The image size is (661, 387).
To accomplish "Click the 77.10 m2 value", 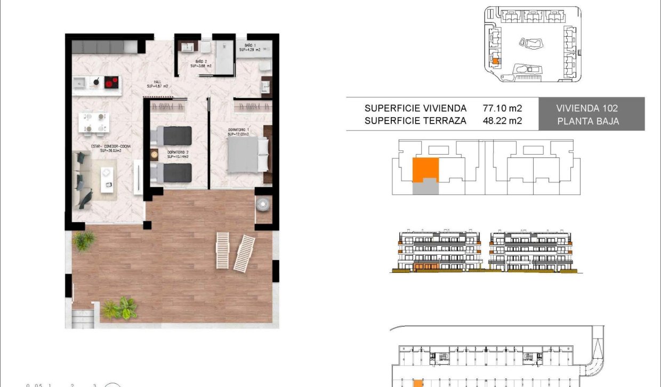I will (502, 108).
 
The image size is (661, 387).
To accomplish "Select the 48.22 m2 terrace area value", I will (502, 121).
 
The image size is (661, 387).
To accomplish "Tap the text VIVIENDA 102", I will (588, 108).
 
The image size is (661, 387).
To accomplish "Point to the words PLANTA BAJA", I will (588, 121).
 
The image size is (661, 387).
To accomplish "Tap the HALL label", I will (158, 84).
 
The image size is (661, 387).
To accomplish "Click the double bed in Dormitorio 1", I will (249, 154).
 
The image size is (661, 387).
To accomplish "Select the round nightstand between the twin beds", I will (155, 155).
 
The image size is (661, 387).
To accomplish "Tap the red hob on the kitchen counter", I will (111, 82).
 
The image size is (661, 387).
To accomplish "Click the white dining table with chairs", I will (95, 122).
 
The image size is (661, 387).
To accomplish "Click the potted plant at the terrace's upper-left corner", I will (84, 241).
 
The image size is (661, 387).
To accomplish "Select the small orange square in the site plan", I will (495, 61).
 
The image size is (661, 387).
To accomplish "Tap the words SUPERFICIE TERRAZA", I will (415, 121).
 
